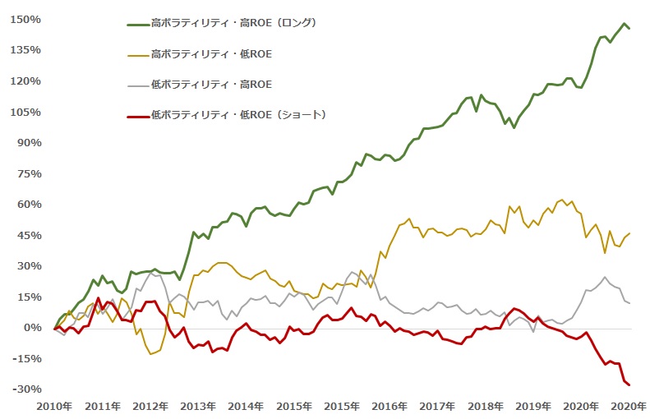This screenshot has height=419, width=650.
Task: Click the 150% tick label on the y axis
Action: pyautogui.click(x=25, y=20)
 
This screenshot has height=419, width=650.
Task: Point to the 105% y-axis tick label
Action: pyautogui.click(x=25, y=112)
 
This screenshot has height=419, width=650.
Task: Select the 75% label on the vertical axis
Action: pyautogui.click(x=30, y=173)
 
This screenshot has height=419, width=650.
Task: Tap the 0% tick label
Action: pyautogui.click(x=33, y=328)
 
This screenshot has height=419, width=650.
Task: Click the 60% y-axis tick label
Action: pyautogui.click(x=30, y=205)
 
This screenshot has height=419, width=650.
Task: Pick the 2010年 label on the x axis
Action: pyautogui.click(x=54, y=406)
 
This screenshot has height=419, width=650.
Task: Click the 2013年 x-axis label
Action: pyautogui.click(x=198, y=406)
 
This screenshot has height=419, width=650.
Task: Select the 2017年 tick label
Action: pyautogui.click(x=437, y=406)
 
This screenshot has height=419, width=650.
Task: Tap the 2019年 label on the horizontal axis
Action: pyautogui.click(x=533, y=406)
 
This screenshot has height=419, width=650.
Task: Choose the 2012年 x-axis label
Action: pyautogui.click(x=150, y=406)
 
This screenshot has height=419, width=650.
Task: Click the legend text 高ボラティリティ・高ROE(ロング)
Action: pyautogui.click(x=234, y=23)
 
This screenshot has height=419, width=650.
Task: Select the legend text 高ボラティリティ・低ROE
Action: pyautogui.click(x=211, y=54)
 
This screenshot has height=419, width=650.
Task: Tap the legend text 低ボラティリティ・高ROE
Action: pyautogui.click(x=211, y=85)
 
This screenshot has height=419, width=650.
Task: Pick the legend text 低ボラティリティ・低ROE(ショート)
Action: pyautogui.click(x=239, y=115)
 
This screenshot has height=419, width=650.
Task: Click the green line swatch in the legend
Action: pyautogui.click(x=138, y=25)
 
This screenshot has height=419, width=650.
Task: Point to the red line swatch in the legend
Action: pyautogui.click(x=138, y=117)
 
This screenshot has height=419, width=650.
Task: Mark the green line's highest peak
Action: pyautogui.click(x=624, y=24)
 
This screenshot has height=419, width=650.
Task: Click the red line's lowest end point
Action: pyautogui.click(x=629, y=385)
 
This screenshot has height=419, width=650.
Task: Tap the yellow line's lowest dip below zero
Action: pyautogui.click(x=150, y=354)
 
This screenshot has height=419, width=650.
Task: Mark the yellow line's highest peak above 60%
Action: pyautogui.click(x=562, y=200)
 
